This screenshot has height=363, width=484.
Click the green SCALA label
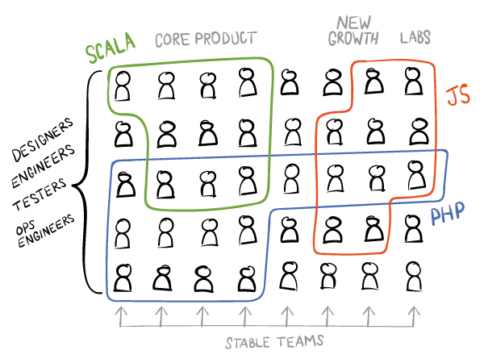coord(111,48)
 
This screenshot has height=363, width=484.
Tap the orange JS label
coord(457,94)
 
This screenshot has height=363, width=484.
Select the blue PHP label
coord(448,213)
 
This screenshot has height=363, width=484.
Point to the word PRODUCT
coord(226,38)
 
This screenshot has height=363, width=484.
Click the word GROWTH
coord(353,39)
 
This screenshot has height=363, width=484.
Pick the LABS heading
coord(415,37)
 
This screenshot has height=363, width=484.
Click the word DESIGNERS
coord(43,140)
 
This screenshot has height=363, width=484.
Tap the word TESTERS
coord(40,194)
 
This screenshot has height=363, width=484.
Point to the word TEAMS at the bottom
coord(300,341)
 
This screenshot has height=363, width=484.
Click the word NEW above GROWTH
coord(354,23)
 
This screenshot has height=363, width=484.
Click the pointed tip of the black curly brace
coord(73,186)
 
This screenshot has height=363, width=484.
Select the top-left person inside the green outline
coord(123,86)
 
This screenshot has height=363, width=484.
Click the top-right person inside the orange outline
coord(413,81)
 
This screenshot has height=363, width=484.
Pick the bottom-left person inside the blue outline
coord(123,277)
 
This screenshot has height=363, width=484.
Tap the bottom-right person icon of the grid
coord(414,276)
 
